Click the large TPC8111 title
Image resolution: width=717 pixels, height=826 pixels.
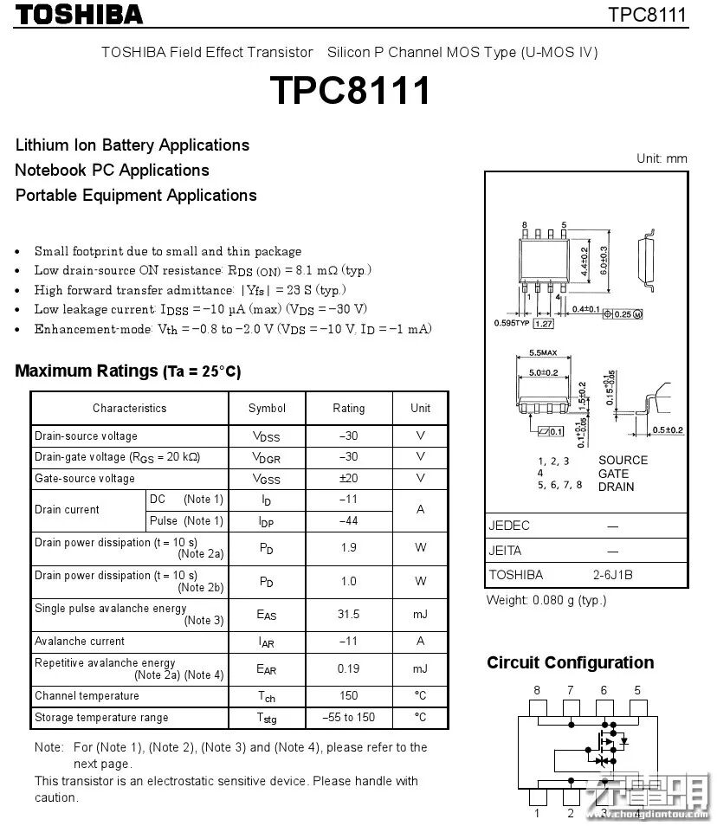click(x=350, y=90)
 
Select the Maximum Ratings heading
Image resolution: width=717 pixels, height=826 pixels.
click(x=128, y=371)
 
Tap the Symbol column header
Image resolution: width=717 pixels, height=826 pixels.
click(x=267, y=408)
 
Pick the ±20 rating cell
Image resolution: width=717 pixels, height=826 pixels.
click(x=348, y=478)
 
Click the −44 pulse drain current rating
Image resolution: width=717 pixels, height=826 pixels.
click(x=348, y=520)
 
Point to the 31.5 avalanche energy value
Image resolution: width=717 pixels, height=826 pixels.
click(x=348, y=614)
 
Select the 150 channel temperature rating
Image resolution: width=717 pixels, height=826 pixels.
click(x=348, y=695)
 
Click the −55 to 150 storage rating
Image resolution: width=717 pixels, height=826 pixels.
click(x=348, y=717)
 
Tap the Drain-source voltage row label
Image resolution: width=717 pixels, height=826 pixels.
click(x=86, y=436)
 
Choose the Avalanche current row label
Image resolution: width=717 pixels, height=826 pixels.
click(x=80, y=642)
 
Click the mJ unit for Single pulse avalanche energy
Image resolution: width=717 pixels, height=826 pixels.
click(x=420, y=614)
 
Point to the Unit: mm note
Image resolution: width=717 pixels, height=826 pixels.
click(x=662, y=158)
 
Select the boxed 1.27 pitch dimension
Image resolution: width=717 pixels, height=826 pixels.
click(x=544, y=323)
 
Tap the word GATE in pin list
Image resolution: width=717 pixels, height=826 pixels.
click(x=614, y=474)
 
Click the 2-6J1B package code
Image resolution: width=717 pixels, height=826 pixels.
click(x=612, y=574)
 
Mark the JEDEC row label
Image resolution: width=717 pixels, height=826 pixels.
click(x=509, y=526)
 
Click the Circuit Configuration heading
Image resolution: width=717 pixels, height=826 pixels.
click(x=570, y=663)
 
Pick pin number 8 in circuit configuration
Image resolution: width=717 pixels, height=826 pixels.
click(x=537, y=690)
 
